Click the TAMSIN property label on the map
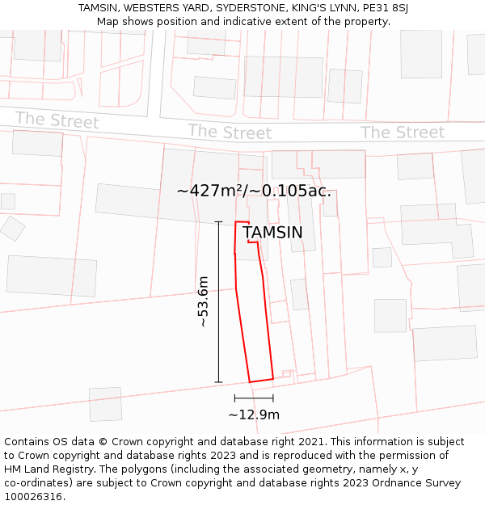[272, 233]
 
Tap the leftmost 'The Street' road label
[57, 120]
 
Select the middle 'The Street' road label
[230, 132]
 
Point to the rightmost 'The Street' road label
[402, 133]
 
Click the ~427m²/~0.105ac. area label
[254, 191]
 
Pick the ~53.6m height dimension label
[203, 301]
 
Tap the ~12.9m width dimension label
[254, 415]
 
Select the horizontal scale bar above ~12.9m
[254, 398]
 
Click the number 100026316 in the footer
[34, 497]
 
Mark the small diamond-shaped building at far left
[12, 228]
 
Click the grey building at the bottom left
[105, 404]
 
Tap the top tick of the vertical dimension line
[218, 221]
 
